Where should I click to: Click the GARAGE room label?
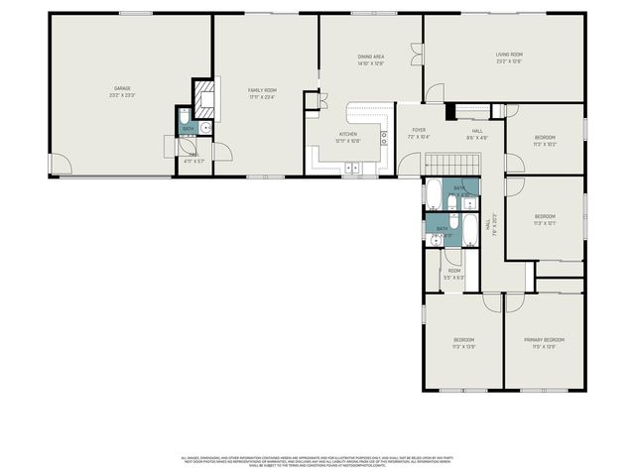point(123,89)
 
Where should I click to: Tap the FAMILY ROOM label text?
point(262,90)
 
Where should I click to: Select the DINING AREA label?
point(371,57)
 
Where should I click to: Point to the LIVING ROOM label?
point(509,55)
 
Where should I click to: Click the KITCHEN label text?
point(348,133)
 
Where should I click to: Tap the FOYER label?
point(419,129)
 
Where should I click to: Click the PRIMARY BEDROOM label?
point(545,340)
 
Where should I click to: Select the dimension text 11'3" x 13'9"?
point(464,346)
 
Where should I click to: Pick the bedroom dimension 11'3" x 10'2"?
point(545,144)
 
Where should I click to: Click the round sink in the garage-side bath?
point(205,127)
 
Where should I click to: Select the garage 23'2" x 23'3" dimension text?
point(123,95)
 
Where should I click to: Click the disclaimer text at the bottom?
point(317,461)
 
